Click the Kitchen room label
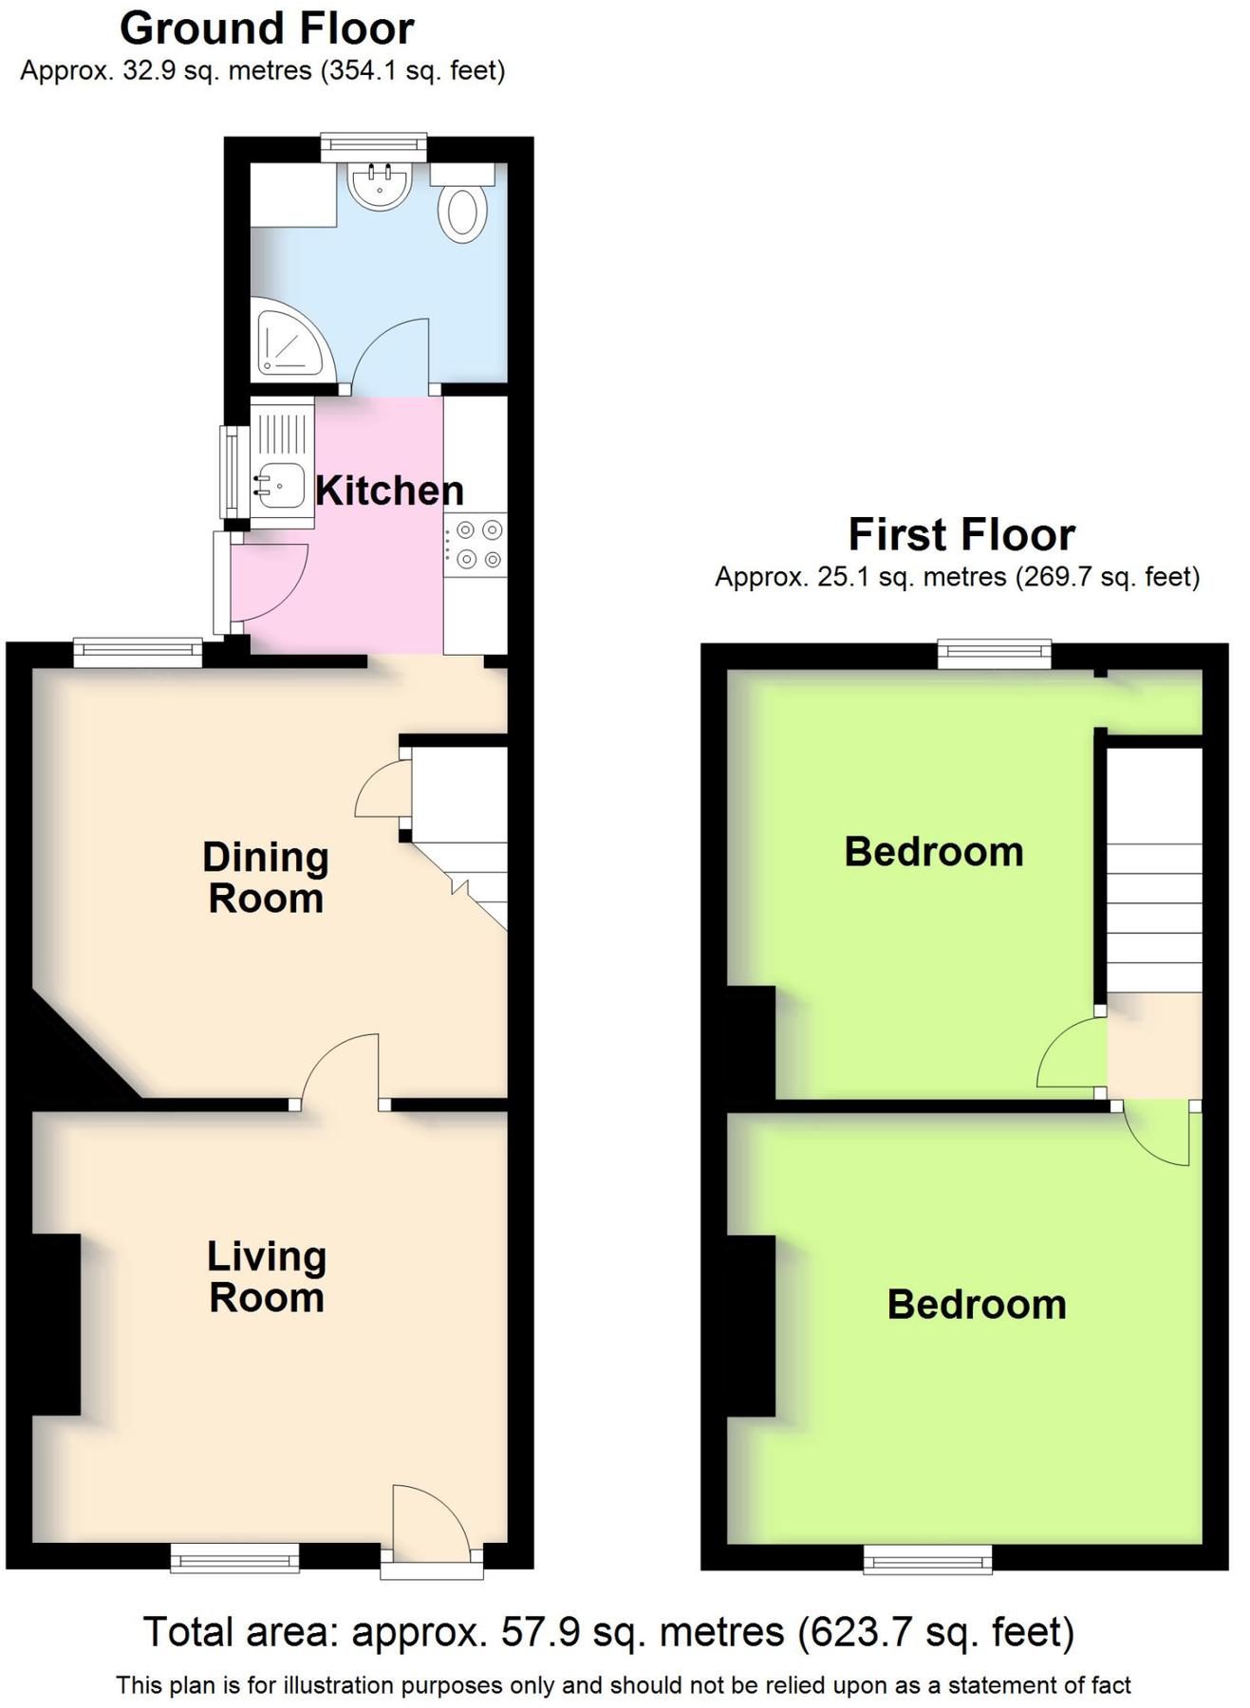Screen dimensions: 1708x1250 pyautogui.click(x=389, y=491)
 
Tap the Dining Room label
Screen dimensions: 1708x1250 pyautogui.click(x=266, y=878)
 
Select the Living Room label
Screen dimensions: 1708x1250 pyautogui.click(x=267, y=1276)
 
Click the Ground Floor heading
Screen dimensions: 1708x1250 pyautogui.click(x=267, y=28)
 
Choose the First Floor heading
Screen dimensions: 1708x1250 pyautogui.click(x=961, y=534)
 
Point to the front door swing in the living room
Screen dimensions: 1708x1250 pyautogui.click(x=429, y=1521)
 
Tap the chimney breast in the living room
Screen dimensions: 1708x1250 pyautogui.click(x=56, y=1325)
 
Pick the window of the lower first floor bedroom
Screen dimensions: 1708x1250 pyautogui.click(x=927, y=1558)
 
